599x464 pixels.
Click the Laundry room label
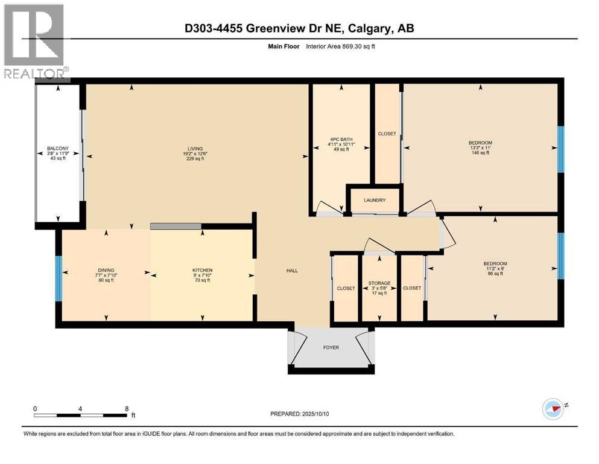[375, 200]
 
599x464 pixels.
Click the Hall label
[292, 270]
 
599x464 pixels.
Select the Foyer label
[331, 347]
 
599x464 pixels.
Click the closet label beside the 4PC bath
[386, 134]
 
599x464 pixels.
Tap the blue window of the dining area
[59, 279]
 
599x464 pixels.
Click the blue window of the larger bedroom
[560, 149]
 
